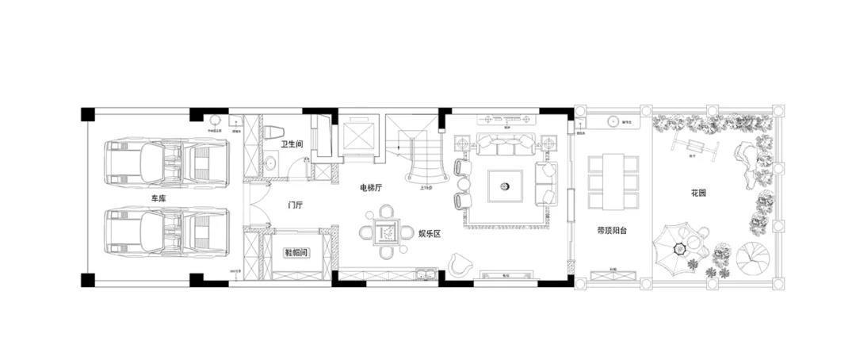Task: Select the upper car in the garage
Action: pos(167,163)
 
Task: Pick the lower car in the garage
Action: pos(167,232)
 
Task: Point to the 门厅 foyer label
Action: pos(296,205)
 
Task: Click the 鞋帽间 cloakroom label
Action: pos(296,252)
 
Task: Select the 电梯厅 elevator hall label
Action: pos(371,188)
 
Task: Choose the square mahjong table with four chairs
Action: pos(385,232)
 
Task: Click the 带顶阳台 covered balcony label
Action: pos(612,231)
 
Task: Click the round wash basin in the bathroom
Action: pos(271,163)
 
